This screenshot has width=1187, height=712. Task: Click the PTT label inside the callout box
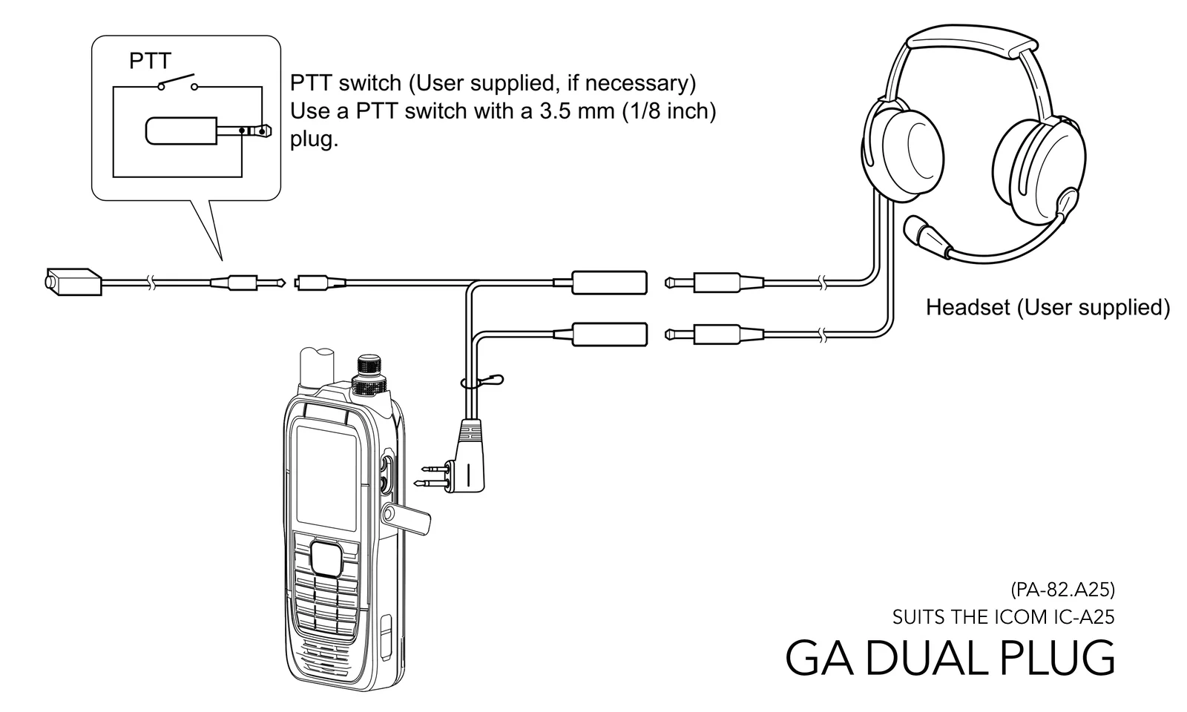150,61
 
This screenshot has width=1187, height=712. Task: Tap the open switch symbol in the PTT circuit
177,82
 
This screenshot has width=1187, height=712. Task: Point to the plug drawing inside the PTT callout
208,131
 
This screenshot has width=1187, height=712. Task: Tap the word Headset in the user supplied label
967,307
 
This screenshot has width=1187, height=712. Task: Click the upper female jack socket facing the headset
609,283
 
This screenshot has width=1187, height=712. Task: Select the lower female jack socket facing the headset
609,334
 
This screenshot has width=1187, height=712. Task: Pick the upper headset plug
714,283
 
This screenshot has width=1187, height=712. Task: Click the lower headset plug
714,334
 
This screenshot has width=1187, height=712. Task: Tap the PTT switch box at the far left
73,282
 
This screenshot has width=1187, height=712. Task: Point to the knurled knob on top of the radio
370,375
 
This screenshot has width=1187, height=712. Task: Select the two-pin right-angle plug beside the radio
463,457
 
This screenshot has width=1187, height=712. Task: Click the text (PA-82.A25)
1062,589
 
